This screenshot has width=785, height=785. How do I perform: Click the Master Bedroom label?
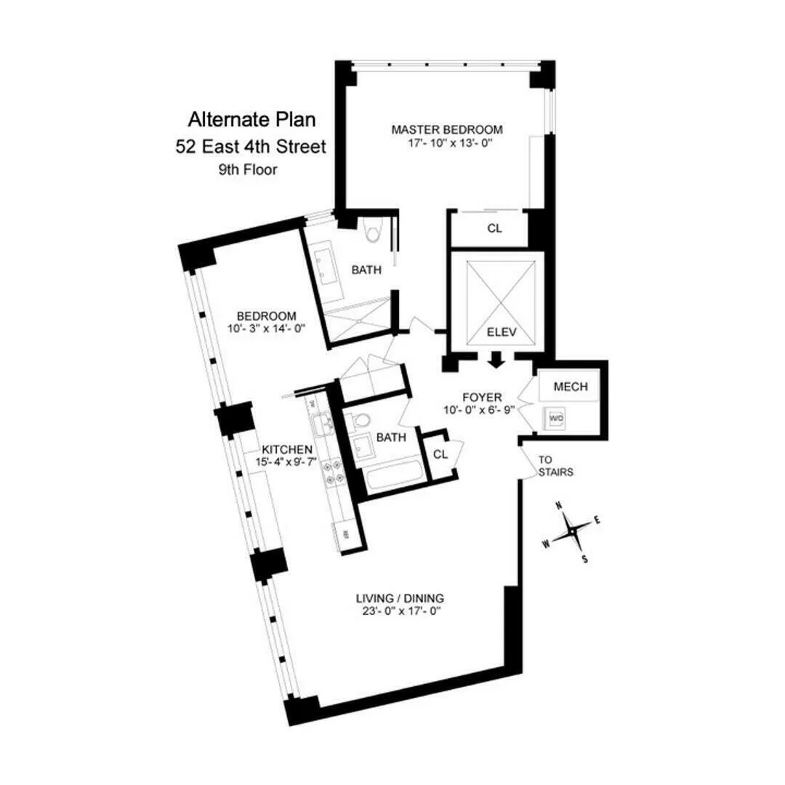pos(446,130)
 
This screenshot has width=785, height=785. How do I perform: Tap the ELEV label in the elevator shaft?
pos(501,333)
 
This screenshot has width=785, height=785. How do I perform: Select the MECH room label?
pos(571,387)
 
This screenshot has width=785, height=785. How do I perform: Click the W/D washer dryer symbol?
pos(556,419)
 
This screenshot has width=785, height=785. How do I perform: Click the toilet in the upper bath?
pos(374,230)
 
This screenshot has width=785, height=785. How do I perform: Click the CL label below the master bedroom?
pos(494,228)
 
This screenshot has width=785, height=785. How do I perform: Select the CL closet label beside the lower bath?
pos(440,454)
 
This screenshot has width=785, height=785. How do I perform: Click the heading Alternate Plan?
pos(251,118)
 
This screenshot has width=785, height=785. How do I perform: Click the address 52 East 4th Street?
pos(251,146)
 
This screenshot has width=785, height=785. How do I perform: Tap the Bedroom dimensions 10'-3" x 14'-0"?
pos(266,329)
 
